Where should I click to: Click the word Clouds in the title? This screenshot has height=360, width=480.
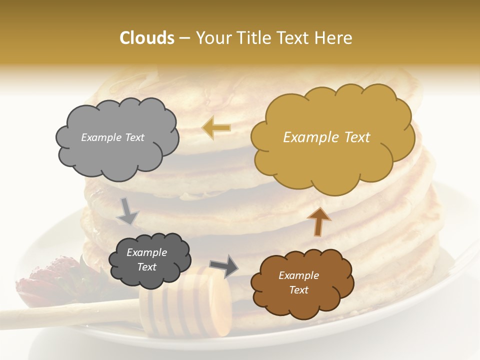pyautogui.click(x=146, y=38)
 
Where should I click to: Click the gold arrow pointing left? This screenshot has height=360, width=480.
pyautogui.click(x=216, y=128)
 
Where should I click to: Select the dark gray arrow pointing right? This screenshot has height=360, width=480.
pyautogui.click(x=224, y=265)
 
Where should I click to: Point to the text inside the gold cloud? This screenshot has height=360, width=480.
pyautogui.click(x=326, y=137)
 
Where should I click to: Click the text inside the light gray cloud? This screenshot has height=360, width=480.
pyautogui.click(x=112, y=137)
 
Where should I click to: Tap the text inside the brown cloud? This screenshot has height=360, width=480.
pyautogui.click(x=298, y=282)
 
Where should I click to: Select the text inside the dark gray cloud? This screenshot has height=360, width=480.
pyautogui.click(x=146, y=260)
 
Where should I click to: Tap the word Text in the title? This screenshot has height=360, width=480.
pyautogui.click(x=292, y=38)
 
